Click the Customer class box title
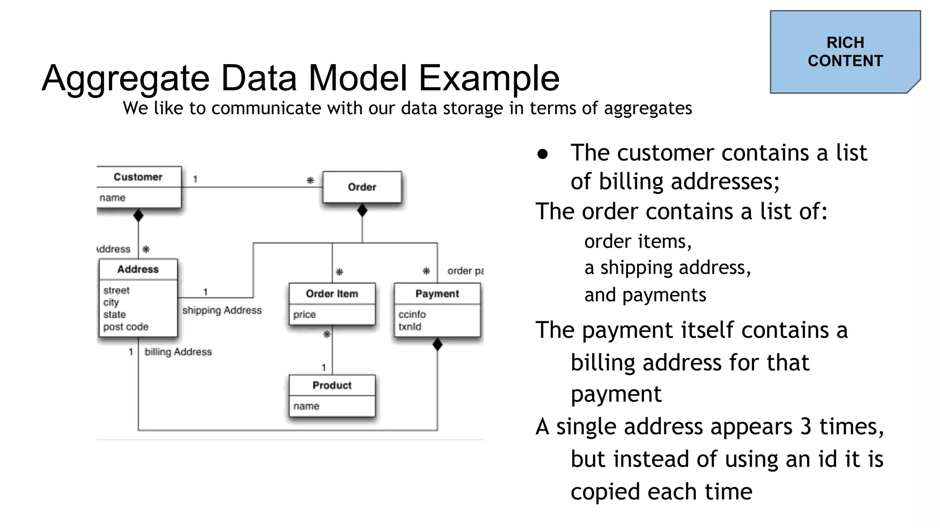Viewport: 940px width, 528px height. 138,177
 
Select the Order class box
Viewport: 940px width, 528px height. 362,187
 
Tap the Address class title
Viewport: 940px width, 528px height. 138,269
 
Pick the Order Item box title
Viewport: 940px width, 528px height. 332,293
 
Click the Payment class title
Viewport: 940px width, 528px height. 437,293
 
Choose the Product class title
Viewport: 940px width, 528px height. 332,385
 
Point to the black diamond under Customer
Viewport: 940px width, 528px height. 138,215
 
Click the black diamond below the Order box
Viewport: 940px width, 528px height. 362,210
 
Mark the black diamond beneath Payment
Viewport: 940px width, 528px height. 437,344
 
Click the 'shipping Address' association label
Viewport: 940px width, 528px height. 222,310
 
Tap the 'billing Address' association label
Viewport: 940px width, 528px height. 178,352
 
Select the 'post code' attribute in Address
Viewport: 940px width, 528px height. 126,327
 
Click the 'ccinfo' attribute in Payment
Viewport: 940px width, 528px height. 412,314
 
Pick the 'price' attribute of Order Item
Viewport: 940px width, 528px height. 304,314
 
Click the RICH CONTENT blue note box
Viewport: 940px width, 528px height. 845,52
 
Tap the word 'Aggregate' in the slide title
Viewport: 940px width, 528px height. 125,78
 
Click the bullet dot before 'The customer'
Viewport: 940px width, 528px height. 543,154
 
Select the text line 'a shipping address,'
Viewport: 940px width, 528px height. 667,267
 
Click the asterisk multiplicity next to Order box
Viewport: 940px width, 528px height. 310,180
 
